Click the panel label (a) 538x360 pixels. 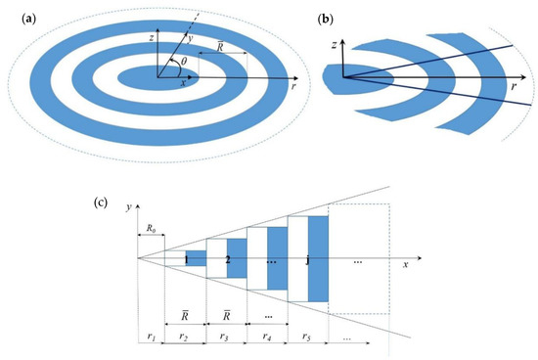pos(15,16)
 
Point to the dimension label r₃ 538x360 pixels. pos(225,337)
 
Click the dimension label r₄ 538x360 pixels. pos(267,337)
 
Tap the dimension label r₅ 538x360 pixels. pos(308,337)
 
